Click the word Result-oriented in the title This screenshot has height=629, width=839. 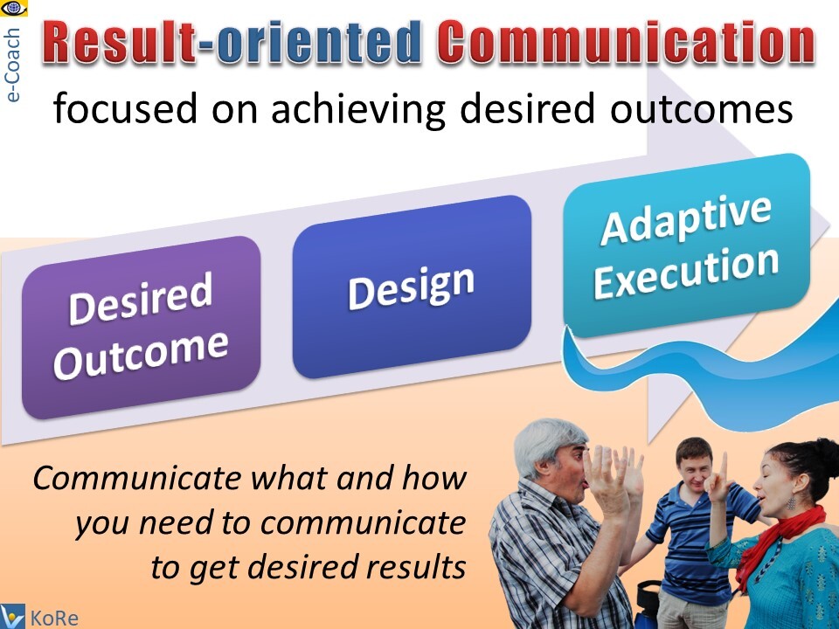pyautogui.click(x=231, y=42)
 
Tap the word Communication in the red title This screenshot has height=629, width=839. pyautogui.click(x=626, y=42)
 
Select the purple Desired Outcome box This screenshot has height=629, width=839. pyautogui.click(x=142, y=328)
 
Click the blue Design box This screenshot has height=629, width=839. pyautogui.click(x=412, y=287)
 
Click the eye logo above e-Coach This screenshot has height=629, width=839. pyautogui.click(x=13, y=9)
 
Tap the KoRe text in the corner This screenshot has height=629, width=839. pyautogui.click(x=54, y=619)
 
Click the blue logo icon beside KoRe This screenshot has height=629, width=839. pyautogui.click(x=12, y=617)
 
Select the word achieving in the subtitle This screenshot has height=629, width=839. pyautogui.click(x=358, y=109)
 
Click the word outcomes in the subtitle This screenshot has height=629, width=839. pyautogui.click(x=702, y=109)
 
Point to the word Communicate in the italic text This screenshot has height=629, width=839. pyautogui.click(x=137, y=478)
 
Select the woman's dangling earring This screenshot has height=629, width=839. pyautogui.click(x=790, y=503)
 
